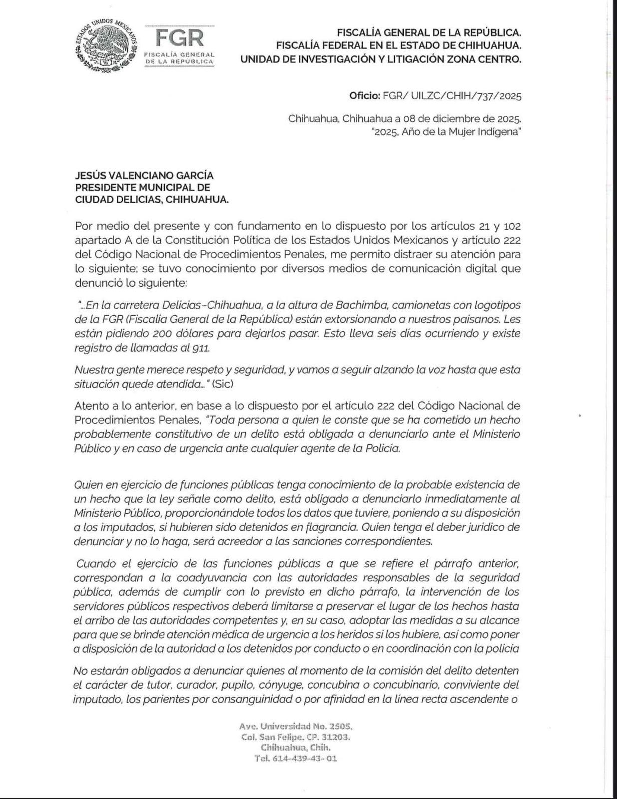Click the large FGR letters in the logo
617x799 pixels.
point(180,37)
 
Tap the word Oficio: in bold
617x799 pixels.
point(365,96)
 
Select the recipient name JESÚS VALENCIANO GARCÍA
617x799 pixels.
point(144,175)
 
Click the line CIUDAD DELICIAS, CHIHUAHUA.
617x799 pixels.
point(152,200)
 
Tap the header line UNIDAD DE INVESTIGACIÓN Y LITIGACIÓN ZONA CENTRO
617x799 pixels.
point(380,59)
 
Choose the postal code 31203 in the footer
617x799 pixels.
point(336,737)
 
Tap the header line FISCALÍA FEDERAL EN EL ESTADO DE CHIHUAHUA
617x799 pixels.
point(398,46)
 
